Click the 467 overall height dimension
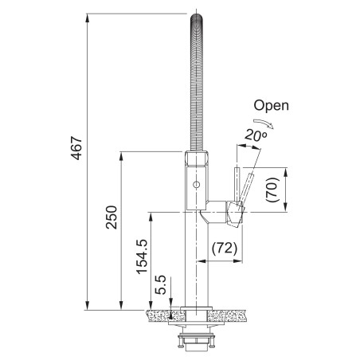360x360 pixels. pos(77,148)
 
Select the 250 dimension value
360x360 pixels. pos(112,217)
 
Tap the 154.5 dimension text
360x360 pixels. pos(142,256)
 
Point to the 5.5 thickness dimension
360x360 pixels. pos(160,285)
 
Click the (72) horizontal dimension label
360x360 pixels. pos(225,248)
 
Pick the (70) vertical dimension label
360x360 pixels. pos(272,190)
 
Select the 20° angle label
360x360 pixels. pos(256,135)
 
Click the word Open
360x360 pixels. pos(271,105)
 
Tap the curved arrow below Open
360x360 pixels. pos(264,123)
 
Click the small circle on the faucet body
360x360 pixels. pos(197,184)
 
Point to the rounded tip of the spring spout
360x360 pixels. pos(197,18)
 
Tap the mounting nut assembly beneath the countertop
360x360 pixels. pos(196,340)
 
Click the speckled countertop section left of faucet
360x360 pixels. pos(165,315)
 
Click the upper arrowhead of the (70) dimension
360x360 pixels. pos(286,172)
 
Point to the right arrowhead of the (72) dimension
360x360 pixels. pos(238,261)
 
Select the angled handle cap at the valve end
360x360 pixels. pos(236,214)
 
